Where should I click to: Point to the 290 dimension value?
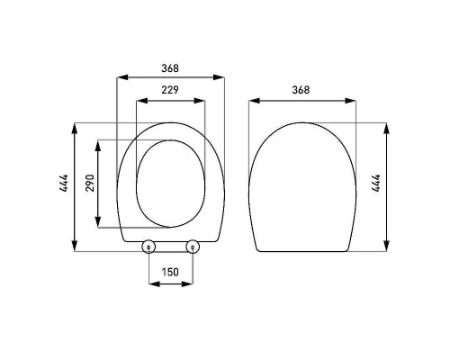pos(88,184)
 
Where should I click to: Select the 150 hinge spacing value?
pos(170,272)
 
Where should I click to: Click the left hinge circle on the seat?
pos(149,247)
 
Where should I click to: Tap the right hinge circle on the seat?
pos(191,247)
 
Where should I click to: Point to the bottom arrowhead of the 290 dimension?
pos(95,224)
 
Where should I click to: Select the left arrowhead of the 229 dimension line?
pos(138,99)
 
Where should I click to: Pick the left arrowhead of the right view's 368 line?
pos(252,100)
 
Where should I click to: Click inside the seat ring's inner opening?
pos(170,184)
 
